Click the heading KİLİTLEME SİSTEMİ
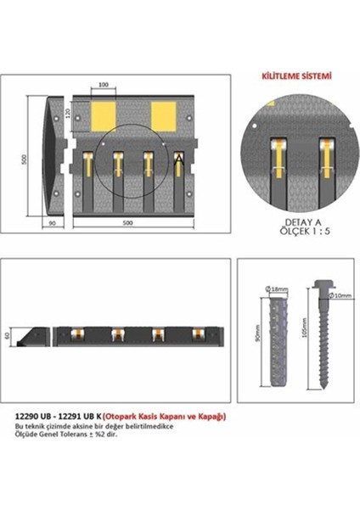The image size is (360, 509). [x=295, y=76]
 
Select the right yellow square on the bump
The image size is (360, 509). [x=166, y=113]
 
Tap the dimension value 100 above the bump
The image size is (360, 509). [x=104, y=86]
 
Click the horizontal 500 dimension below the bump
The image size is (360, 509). [x=127, y=222]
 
